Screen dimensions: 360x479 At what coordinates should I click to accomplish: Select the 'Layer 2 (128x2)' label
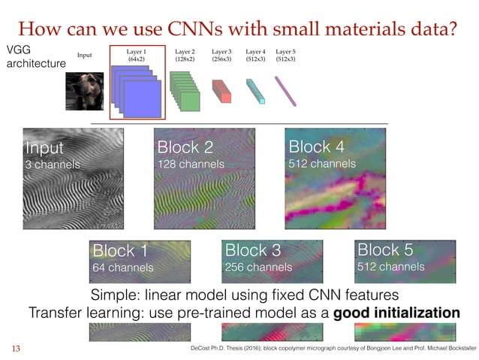click(x=185, y=53)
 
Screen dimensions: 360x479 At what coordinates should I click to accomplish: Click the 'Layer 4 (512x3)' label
click(x=255, y=53)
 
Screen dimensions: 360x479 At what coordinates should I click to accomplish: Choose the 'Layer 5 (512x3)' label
click(x=286, y=53)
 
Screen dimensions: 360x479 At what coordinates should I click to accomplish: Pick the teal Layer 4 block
click(x=256, y=89)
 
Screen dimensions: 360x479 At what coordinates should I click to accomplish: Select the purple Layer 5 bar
click(x=286, y=90)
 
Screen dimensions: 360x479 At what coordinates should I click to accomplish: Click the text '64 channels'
click(x=122, y=267)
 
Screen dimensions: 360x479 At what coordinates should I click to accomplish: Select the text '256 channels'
click(x=258, y=267)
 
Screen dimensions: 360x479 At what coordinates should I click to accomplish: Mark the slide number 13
click(x=14, y=348)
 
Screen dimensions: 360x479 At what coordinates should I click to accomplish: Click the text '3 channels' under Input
click(x=53, y=164)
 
